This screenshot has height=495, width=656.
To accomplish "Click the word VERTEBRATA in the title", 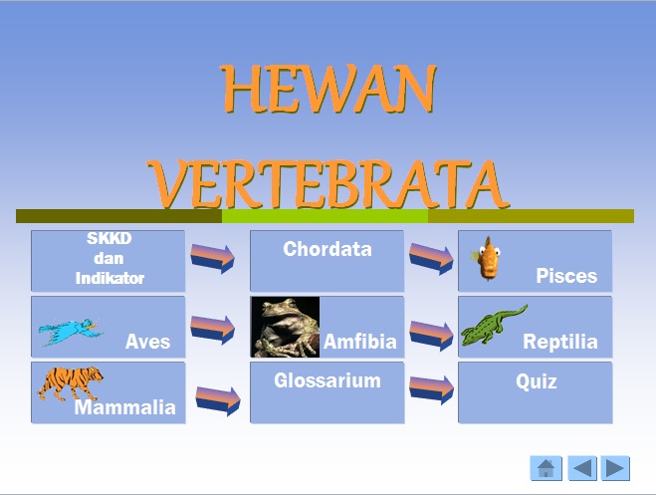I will [x=328, y=180].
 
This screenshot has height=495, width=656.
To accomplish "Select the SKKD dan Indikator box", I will [x=108, y=260].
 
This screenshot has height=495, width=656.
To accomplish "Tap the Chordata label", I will [x=327, y=249].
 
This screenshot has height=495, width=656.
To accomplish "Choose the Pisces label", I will [x=566, y=276].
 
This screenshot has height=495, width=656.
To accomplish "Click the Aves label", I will [x=147, y=342].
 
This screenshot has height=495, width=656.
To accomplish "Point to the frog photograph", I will [x=285, y=327].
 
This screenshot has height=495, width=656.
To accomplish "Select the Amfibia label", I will [x=359, y=342].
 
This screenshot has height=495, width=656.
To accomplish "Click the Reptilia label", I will [x=560, y=342].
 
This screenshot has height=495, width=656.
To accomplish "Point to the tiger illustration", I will [x=70, y=383].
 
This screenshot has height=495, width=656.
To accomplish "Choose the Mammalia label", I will [x=124, y=406].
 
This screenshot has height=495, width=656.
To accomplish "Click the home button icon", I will [x=547, y=468].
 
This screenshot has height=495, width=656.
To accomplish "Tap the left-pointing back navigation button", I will [x=581, y=468].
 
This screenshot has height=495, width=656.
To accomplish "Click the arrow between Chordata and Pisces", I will [x=431, y=257].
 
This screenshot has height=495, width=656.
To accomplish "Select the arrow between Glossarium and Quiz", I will [x=431, y=389].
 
